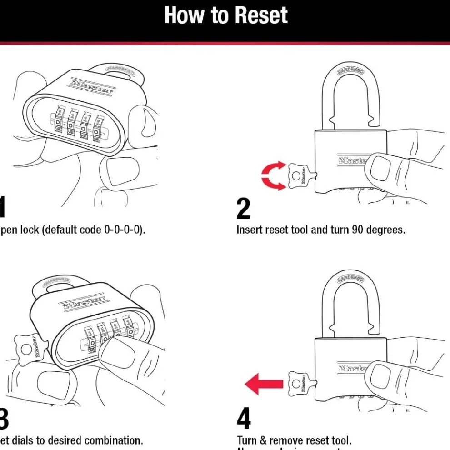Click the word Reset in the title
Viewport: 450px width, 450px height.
pos(258,15)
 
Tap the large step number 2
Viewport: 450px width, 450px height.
pos(244,209)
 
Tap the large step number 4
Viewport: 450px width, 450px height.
pos(244,419)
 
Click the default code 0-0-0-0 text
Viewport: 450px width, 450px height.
pos(125,230)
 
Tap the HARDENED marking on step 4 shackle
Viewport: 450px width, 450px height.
pos(350,278)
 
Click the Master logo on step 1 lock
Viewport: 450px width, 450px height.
pos(91,86)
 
